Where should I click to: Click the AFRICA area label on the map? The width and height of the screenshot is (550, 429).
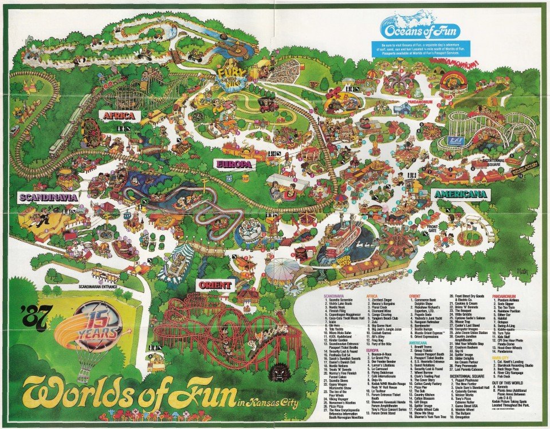coord(119,116)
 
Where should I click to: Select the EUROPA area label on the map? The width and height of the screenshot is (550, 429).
coord(233,164)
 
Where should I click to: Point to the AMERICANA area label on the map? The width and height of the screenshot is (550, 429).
coord(460,194)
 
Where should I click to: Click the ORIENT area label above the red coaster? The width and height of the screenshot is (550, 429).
coord(215,285)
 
